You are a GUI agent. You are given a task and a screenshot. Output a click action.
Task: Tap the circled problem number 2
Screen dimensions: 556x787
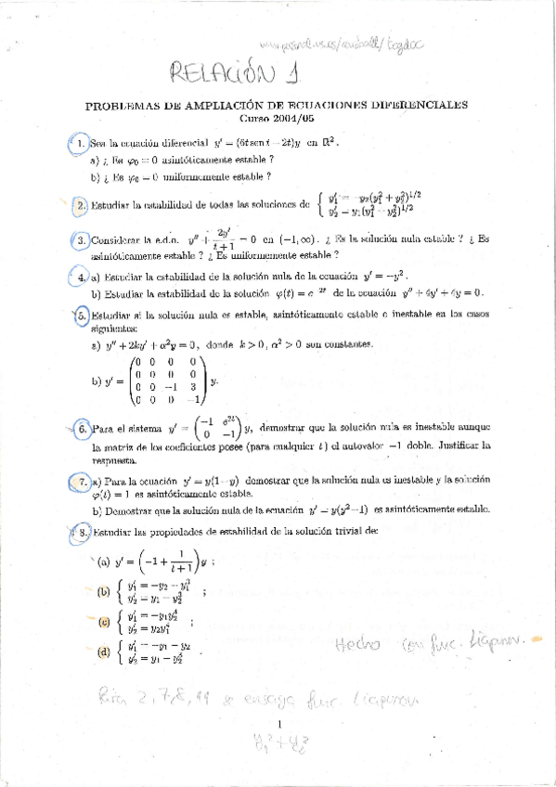coord(81,204)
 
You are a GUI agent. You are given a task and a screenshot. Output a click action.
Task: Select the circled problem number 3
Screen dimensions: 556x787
coord(83,240)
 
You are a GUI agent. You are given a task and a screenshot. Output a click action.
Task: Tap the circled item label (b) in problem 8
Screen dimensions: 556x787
coord(103,592)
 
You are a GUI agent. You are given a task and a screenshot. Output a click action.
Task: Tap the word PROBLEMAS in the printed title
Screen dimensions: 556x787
coord(121,106)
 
